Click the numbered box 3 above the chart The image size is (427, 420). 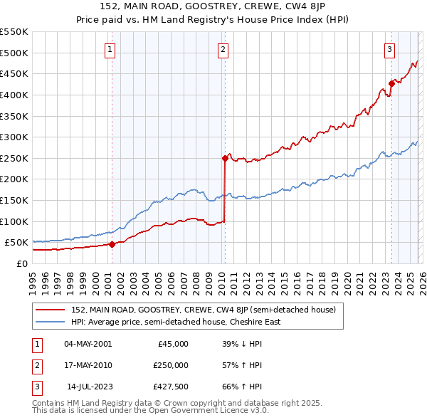pos(390,49)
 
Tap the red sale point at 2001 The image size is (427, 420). pos(112,244)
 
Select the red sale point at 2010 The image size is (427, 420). pos(225,158)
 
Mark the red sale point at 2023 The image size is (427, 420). pos(391,83)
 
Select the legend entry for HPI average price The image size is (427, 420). pos(176,322)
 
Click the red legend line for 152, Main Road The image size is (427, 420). pos(50,310)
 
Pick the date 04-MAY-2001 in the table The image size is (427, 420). pos(88,344)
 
